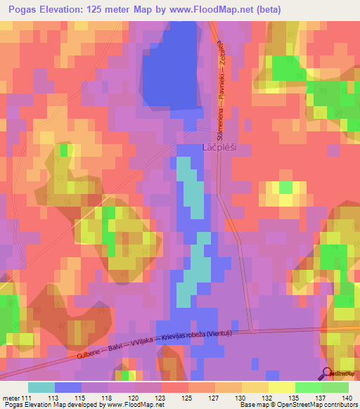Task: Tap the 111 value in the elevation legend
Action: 27,398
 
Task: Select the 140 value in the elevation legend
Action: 348,398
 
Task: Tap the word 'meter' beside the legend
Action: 11,398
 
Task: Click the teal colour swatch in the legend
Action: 41,387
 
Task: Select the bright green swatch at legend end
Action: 335,387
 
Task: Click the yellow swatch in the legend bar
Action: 281,387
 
